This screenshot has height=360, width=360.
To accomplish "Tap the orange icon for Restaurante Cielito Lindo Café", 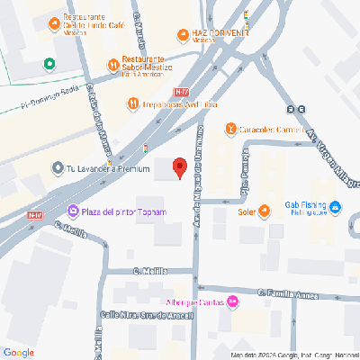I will click(52, 20).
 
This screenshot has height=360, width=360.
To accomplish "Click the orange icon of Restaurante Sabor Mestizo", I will click(113, 63).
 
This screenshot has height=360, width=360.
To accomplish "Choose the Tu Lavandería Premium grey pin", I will click(57, 167).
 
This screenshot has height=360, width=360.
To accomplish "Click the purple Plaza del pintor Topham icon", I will click(72, 211).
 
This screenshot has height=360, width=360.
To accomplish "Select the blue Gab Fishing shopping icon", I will click(335, 209).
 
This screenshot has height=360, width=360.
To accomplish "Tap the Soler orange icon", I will click(264, 212).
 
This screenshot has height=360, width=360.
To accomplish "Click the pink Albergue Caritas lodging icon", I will click(232, 301).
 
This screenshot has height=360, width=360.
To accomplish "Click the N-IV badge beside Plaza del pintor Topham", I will click(35, 215).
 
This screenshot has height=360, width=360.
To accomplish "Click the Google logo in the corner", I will click(19, 352).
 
